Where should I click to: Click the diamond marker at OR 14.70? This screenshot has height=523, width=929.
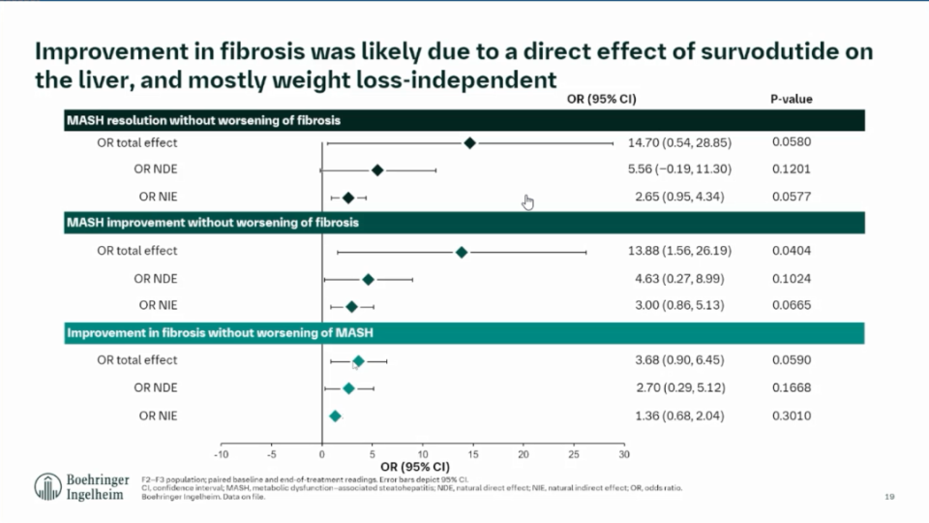click(469, 142)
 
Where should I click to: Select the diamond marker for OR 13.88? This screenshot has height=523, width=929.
click(462, 252)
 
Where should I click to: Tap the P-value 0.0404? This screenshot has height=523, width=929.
click(792, 251)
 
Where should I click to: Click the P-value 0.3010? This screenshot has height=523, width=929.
click(792, 416)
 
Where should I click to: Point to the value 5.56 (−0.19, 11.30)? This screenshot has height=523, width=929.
click(679, 169)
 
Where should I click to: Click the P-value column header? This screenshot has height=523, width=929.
click(792, 99)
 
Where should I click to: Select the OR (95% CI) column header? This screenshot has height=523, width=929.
click(601, 99)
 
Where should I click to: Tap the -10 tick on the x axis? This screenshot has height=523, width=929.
click(221, 453)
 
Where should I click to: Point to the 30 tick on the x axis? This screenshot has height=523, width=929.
click(624, 453)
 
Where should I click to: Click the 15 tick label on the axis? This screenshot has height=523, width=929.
click(473, 453)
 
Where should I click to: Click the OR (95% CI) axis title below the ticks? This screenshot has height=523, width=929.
click(423, 466)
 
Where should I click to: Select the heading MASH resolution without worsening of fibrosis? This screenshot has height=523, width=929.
click(203, 120)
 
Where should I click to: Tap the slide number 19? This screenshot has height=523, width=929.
click(889, 497)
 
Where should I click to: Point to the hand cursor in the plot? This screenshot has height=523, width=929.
click(527, 201)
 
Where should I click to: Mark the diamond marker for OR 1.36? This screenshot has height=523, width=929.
click(335, 416)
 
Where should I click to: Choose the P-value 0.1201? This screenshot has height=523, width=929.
click(792, 169)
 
